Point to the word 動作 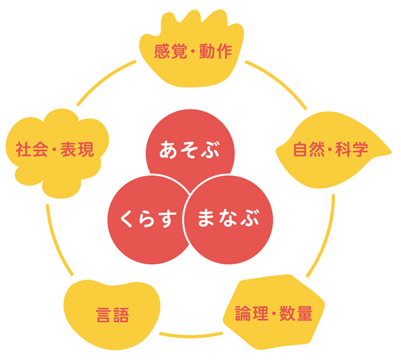click(x=216, y=51)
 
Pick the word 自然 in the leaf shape click(x=306, y=149)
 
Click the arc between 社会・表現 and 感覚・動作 click(x=103, y=82)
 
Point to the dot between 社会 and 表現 click(x=53, y=150)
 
